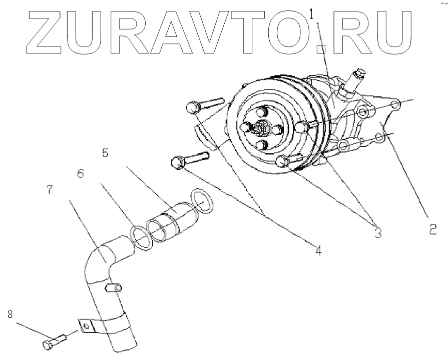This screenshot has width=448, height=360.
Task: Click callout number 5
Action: (105, 153)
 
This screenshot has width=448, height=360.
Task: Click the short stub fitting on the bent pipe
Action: (113, 288)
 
